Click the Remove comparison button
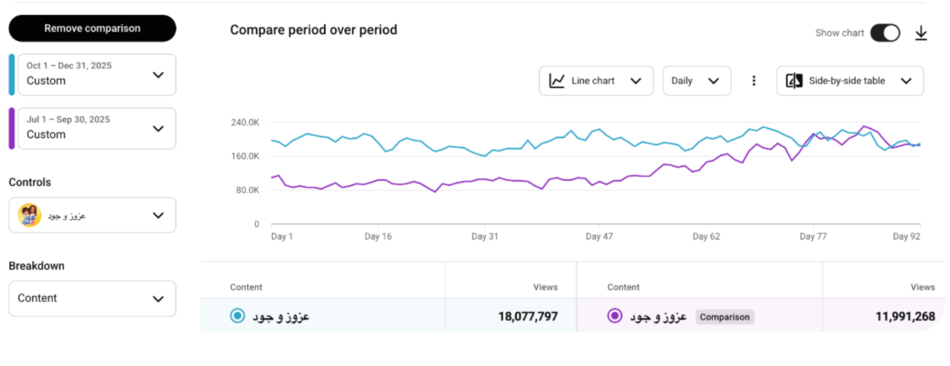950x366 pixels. pyautogui.click(x=92, y=29)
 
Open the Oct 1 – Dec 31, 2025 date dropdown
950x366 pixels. pyautogui.click(x=97, y=74)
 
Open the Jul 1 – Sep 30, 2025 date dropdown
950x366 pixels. pyautogui.click(x=97, y=128)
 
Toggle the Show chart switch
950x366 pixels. pyautogui.click(x=885, y=33)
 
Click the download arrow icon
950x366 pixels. pyautogui.click(x=921, y=33)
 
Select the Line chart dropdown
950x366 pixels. pyautogui.click(x=596, y=81)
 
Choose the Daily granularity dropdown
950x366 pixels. pyautogui.click(x=696, y=81)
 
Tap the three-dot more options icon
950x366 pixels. pyautogui.click(x=754, y=81)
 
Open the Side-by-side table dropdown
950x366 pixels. pyautogui.click(x=850, y=81)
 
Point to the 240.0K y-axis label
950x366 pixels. pyautogui.click(x=245, y=122)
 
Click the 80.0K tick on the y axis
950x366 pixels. pyautogui.click(x=248, y=190)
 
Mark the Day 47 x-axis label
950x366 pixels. pyautogui.click(x=598, y=236)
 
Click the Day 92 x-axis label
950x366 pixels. pyautogui.click(x=906, y=236)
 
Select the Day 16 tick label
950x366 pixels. pyautogui.click(x=378, y=236)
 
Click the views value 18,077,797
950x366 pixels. pyautogui.click(x=527, y=316)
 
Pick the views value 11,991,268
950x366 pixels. pyautogui.click(x=905, y=316)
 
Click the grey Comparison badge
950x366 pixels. pyautogui.click(x=724, y=317)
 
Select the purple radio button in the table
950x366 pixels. pyautogui.click(x=614, y=315)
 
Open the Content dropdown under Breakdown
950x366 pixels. pyautogui.click(x=92, y=299)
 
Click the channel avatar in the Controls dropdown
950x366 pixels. pyautogui.click(x=30, y=215)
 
